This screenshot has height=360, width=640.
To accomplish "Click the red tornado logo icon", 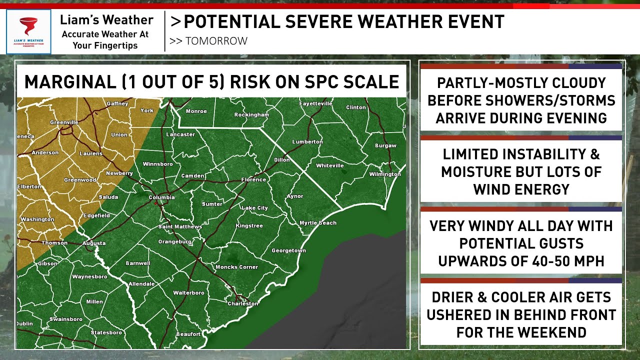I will [x=28, y=26].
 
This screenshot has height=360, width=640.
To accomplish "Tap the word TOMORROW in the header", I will [x=216, y=41].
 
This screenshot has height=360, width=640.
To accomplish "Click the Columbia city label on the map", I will [x=162, y=197].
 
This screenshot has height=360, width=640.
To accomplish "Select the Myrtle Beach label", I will [x=318, y=223].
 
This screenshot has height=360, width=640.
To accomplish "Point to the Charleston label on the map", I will [x=243, y=303].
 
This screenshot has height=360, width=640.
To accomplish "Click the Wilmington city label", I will [x=385, y=174].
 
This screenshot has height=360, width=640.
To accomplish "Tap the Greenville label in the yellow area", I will [x=64, y=122].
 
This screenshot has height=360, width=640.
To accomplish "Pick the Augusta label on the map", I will [x=94, y=243].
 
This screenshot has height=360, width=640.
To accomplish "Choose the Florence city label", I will [x=253, y=179].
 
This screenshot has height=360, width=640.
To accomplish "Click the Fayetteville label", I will [x=315, y=104].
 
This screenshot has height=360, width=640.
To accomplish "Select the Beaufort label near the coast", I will [x=188, y=334].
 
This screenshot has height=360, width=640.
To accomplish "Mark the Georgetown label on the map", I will [x=288, y=250].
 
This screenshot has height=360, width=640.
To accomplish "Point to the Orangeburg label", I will [x=175, y=241].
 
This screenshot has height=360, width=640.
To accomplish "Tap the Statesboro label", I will [x=106, y=332].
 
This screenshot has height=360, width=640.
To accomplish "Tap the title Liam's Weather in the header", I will [x=106, y=20].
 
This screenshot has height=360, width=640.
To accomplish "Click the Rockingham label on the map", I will [x=251, y=115].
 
